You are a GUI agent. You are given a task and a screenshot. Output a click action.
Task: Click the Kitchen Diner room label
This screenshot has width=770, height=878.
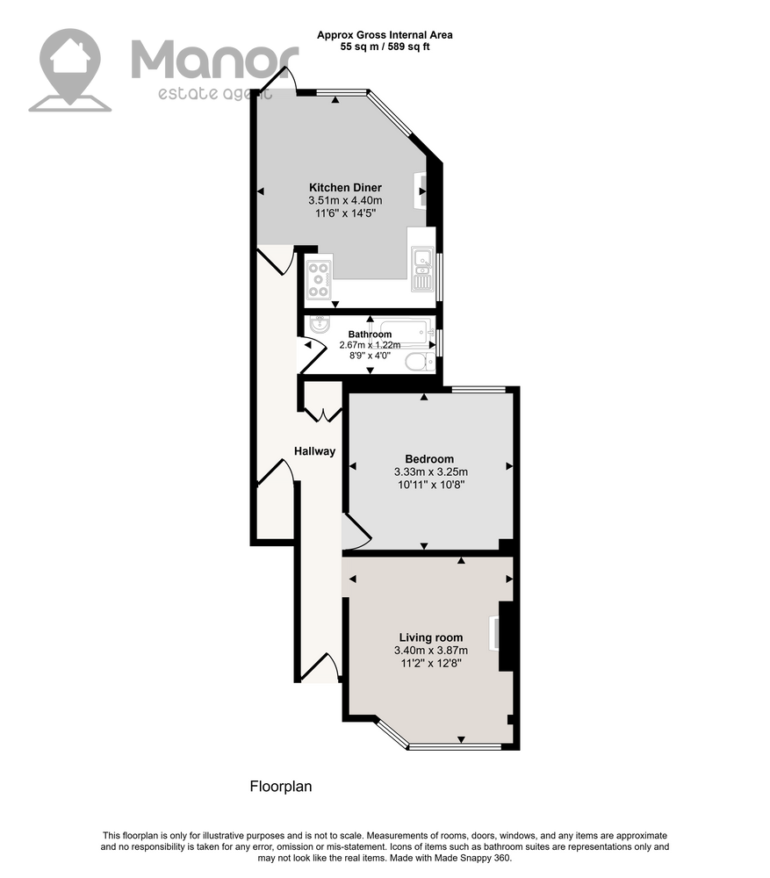click(x=345, y=188)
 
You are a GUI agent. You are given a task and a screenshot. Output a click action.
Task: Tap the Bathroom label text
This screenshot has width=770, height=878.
click(x=370, y=335)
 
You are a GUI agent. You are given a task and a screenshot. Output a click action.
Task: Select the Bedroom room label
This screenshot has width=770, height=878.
click(x=429, y=459)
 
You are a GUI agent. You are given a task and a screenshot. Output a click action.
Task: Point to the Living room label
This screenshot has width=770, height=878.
click(x=430, y=637)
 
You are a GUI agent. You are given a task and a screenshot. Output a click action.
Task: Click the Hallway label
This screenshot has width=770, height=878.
click(x=314, y=451)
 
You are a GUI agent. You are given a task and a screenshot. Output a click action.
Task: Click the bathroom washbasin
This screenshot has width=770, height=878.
click(x=320, y=323)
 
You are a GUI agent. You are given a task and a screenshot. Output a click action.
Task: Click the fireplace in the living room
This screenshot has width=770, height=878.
click(x=494, y=633)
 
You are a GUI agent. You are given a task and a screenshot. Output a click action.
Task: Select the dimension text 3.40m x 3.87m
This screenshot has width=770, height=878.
click(x=430, y=651)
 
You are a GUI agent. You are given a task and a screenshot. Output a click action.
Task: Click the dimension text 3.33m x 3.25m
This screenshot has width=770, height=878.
click(x=430, y=472)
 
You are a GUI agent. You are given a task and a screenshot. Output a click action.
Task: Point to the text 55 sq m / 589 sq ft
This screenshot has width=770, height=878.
click(x=385, y=47)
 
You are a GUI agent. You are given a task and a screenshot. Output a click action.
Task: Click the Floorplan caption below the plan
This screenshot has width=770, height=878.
click(x=281, y=787)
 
